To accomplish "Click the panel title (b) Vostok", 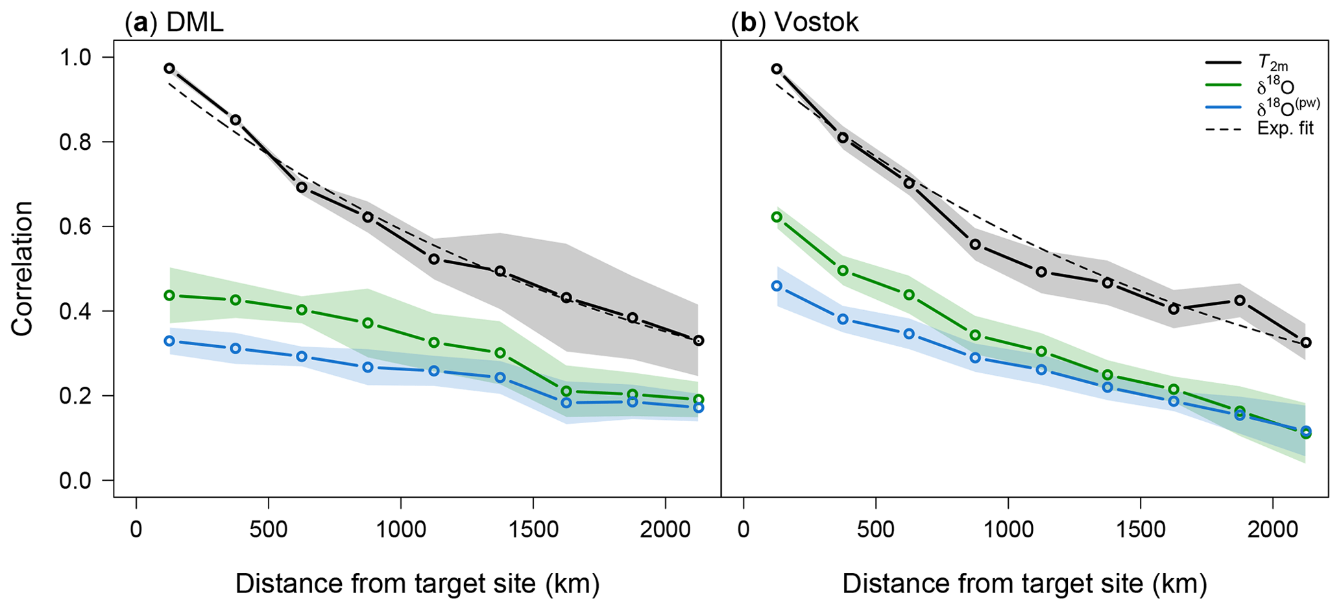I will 795,23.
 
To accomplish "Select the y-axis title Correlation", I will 23,269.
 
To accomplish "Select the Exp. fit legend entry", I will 1285,128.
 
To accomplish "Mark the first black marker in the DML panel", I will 169,68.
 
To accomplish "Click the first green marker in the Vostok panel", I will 777,217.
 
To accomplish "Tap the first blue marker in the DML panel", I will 169,341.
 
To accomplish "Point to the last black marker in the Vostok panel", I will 1306,342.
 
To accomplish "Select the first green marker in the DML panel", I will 169,295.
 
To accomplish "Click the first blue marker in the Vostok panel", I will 777,286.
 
